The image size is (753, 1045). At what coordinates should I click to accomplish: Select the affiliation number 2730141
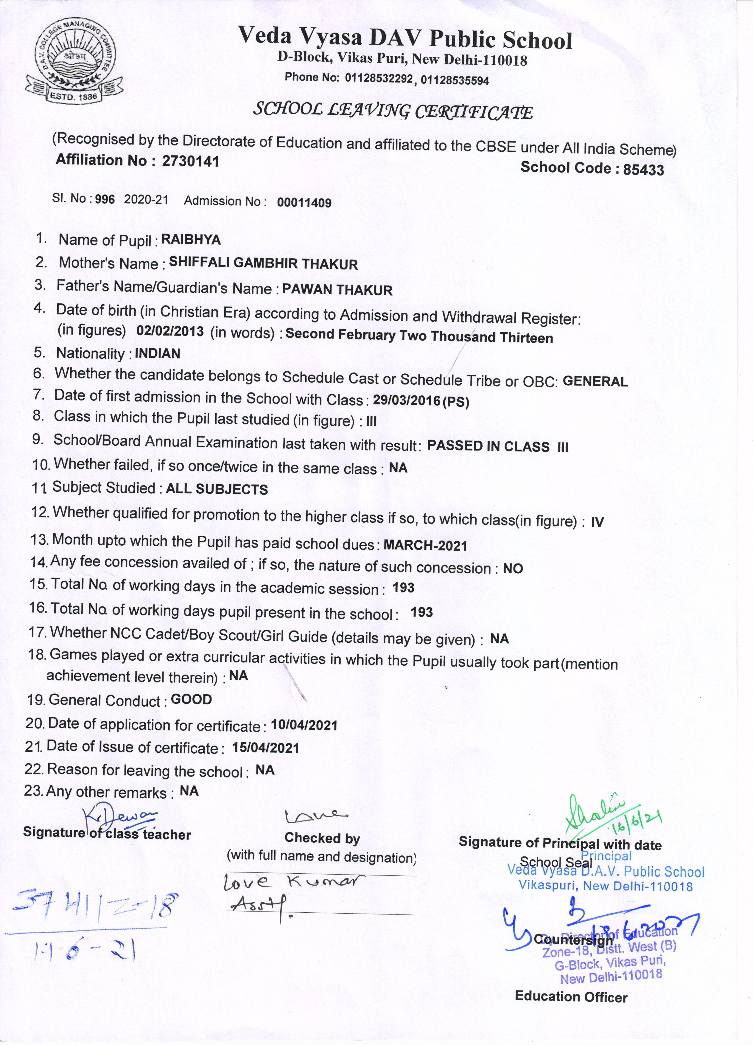(191, 161)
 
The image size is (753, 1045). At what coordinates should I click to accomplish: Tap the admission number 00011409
(304, 203)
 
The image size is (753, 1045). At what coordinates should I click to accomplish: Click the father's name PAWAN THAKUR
(337, 290)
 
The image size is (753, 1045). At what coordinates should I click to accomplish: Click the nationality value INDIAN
(158, 353)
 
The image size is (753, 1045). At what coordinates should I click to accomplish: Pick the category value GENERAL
(595, 381)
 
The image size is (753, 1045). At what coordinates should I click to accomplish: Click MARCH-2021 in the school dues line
(425, 546)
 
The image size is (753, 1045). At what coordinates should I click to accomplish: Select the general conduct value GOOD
(191, 699)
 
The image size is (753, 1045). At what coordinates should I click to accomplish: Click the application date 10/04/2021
(304, 725)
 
